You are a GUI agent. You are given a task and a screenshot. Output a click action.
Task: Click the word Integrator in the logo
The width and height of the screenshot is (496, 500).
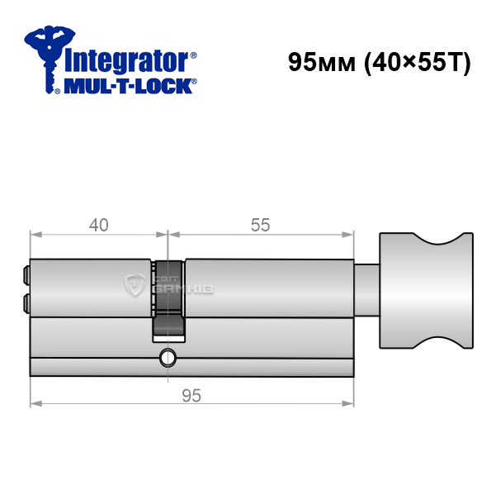click(x=126, y=61)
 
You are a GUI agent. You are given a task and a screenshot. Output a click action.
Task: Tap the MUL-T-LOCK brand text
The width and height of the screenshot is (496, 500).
click(x=128, y=86)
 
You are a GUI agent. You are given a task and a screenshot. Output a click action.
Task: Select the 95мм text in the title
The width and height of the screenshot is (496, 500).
click(x=321, y=62)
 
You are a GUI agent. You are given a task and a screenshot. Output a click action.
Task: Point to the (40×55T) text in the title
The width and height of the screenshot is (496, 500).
click(x=417, y=63)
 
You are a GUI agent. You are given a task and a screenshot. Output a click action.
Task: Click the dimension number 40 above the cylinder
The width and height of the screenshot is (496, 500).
click(x=99, y=225)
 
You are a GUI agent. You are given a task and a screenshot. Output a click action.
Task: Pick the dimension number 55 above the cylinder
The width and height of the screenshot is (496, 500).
click(x=261, y=225)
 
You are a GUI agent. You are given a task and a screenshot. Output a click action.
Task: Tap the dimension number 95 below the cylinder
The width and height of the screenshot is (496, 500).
click(x=191, y=396)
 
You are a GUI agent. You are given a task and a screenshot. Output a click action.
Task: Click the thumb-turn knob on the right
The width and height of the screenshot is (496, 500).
click(x=427, y=291)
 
